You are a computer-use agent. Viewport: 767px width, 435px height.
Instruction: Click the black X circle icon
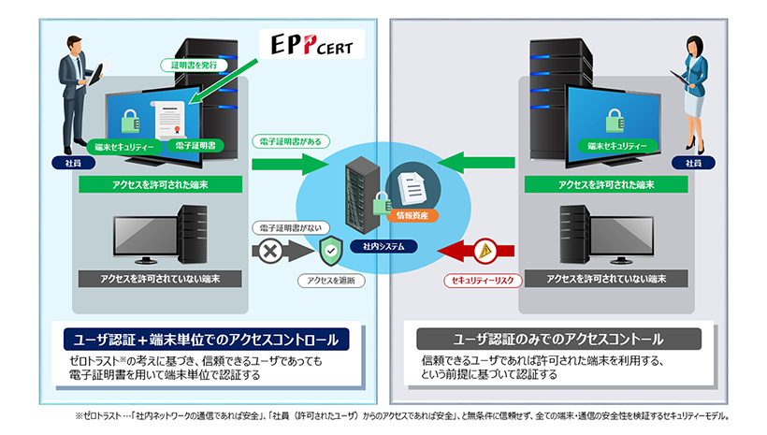268,251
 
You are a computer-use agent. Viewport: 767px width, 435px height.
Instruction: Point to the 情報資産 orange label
412,215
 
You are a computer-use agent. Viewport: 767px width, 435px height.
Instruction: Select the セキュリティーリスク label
480,281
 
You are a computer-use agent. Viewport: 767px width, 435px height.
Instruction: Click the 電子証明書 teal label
196,147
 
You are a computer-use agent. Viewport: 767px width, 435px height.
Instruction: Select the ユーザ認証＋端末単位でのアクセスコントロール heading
206,338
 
